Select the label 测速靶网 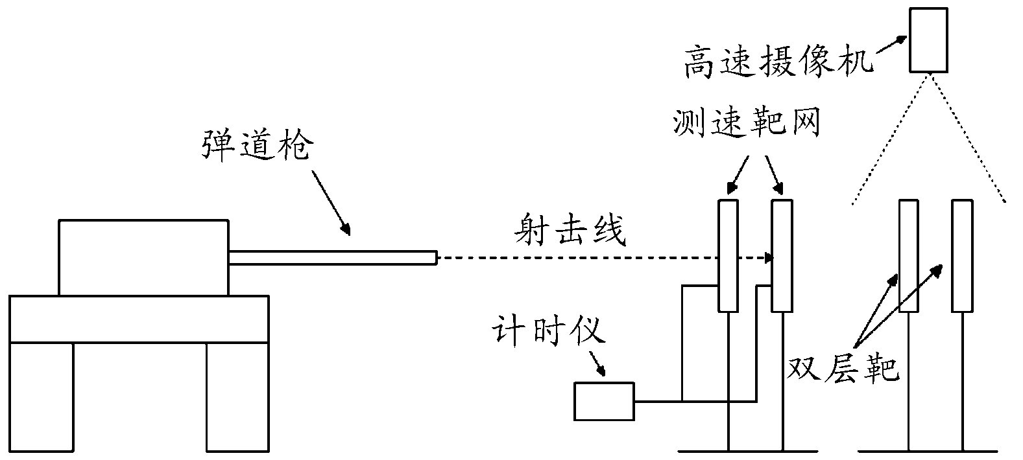pos(746,121)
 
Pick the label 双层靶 pos(843,367)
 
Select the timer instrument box pos(604,401)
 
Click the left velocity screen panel pos(728,255)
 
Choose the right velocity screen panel pos(781,255)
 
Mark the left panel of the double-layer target pos(908,255)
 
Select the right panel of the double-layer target pos(961,255)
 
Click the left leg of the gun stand pos(41,398)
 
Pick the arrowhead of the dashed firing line pos(769,258)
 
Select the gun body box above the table pos(143,258)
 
